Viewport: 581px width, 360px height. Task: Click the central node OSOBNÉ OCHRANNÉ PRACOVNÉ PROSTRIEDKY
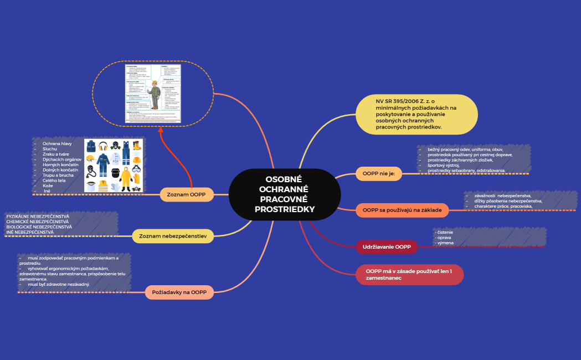coord(284,194)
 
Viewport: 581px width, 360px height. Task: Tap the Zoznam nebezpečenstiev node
coord(173,236)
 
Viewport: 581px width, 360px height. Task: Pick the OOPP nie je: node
coord(378,173)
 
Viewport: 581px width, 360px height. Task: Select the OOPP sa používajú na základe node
coord(402,210)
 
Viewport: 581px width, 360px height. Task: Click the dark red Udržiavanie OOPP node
coord(387,246)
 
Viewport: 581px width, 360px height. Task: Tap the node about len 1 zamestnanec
coord(409,274)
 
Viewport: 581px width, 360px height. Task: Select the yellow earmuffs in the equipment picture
coord(103,146)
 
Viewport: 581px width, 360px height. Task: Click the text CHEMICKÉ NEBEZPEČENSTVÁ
coord(38,222)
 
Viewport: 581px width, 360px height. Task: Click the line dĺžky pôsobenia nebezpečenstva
coord(508,201)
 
